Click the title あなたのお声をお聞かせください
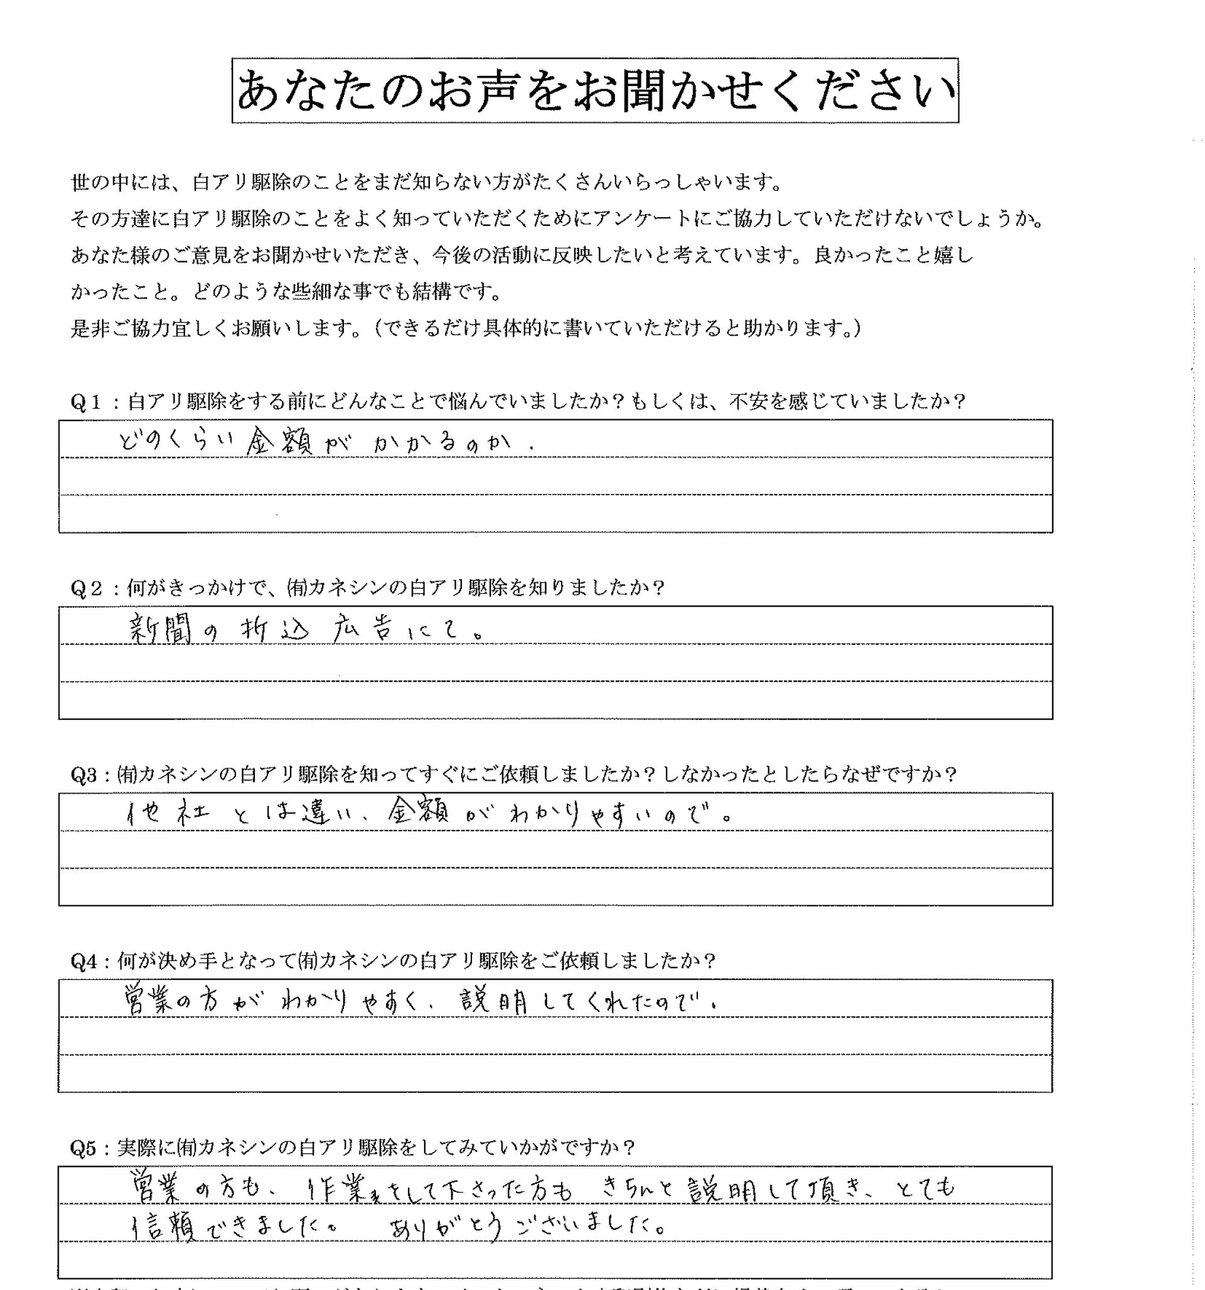[x=595, y=90]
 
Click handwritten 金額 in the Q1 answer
[x=280, y=443]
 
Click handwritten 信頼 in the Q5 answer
[x=164, y=1227]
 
